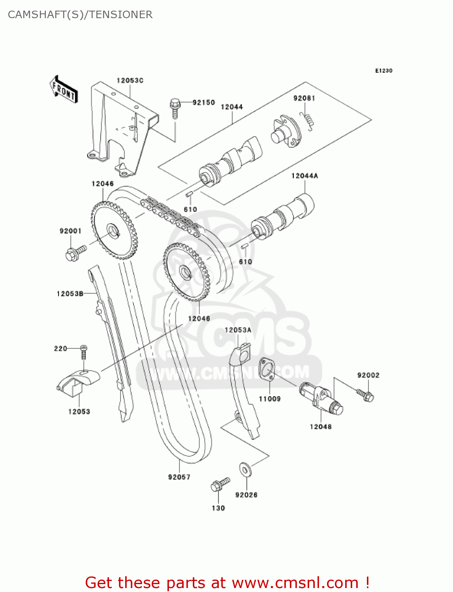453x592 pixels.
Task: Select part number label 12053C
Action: tap(130, 81)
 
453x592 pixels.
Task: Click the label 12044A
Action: tap(304, 176)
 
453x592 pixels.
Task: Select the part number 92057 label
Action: tap(179, 477)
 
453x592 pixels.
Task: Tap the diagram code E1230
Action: tap(383, 71)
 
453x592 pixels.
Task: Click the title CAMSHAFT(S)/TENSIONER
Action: tap(80, 15)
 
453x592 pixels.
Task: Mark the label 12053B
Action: tap(70, 294)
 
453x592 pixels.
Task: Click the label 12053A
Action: tap(238, 330)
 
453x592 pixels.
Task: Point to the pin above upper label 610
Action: tap(189, 194)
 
